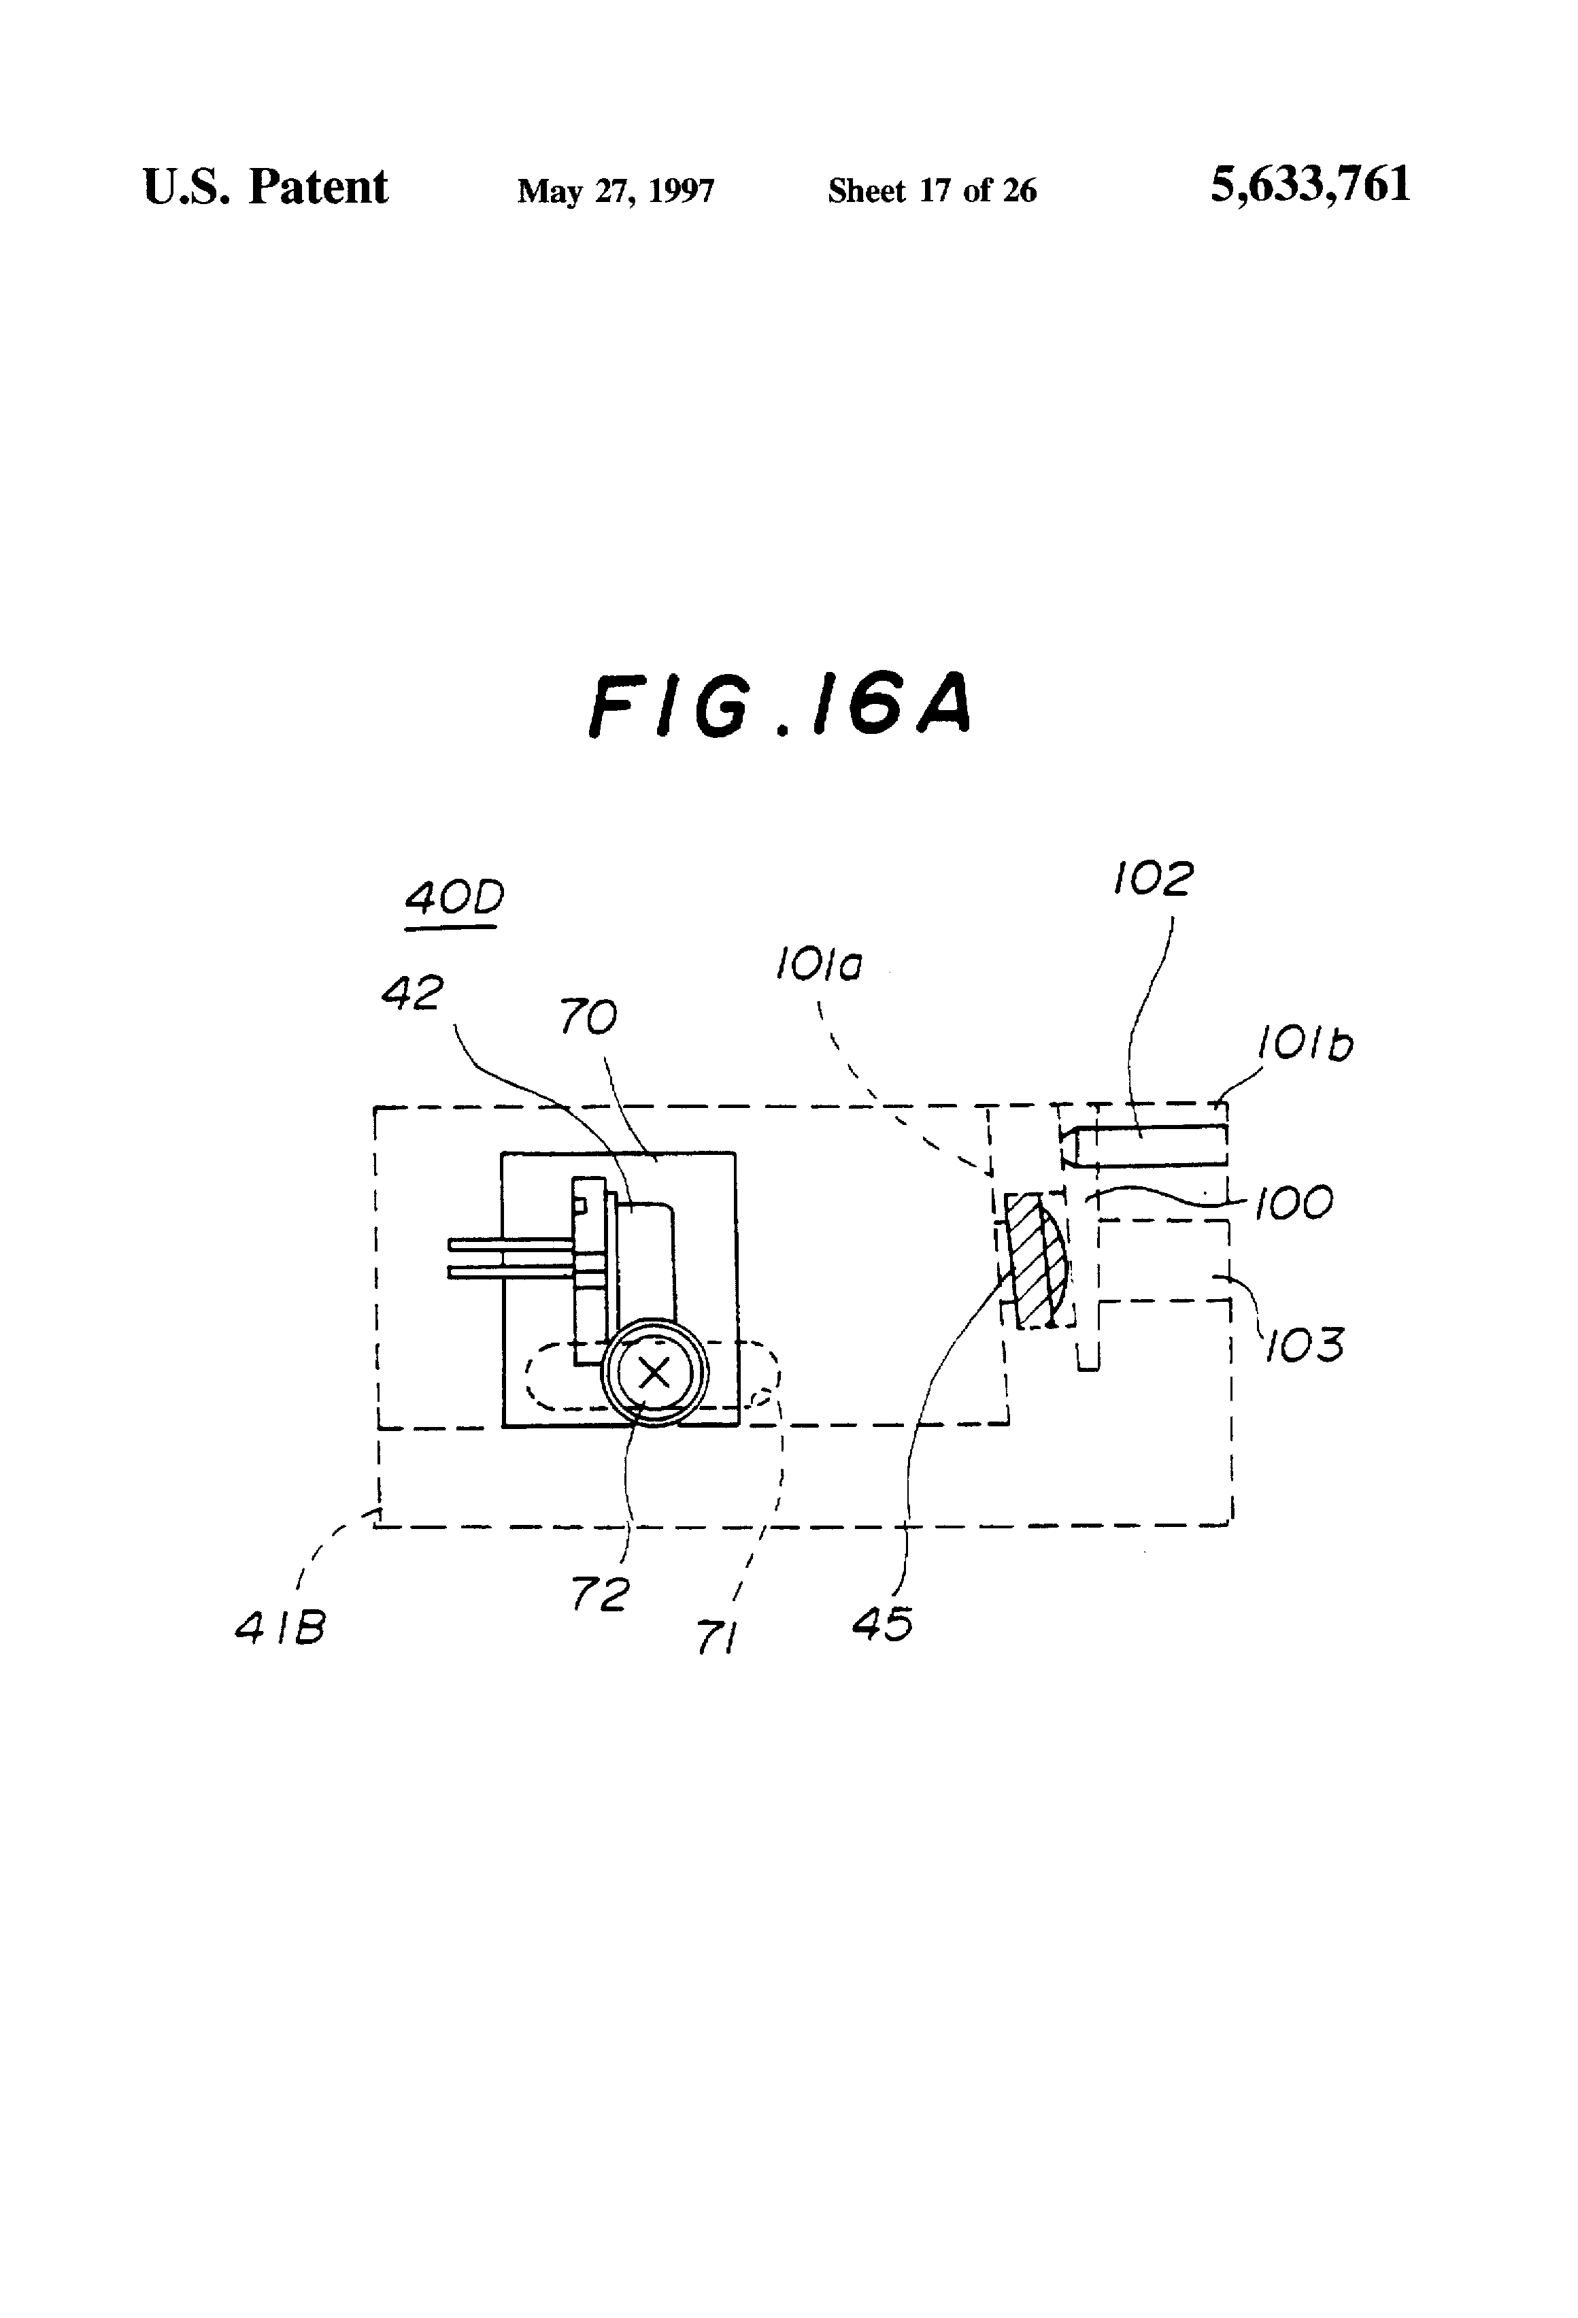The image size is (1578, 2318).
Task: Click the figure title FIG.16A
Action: [779, 705]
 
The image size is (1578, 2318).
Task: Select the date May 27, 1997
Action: [616, 190]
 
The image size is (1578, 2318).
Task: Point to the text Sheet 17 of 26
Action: [932, 190]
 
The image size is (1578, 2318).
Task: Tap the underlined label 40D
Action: [454, 900]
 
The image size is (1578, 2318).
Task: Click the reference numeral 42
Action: [413, 994]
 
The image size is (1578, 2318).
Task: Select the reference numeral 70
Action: [588, 1018]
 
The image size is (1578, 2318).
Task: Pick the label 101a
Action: [819, 966]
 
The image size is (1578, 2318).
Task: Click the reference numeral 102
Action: [1152, 879]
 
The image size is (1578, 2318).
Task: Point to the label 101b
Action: [1304, 1045]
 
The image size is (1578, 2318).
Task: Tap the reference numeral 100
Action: [1293, 1204]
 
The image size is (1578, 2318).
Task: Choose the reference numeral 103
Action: [1305, 1345]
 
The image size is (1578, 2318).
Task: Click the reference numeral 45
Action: [883, 1624]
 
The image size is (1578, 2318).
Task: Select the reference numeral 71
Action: [715, 1638]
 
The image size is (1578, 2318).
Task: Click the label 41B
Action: [280, 1629]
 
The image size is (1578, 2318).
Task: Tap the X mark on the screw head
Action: [654, 1373]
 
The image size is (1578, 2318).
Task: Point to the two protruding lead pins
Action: [509, 1258]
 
